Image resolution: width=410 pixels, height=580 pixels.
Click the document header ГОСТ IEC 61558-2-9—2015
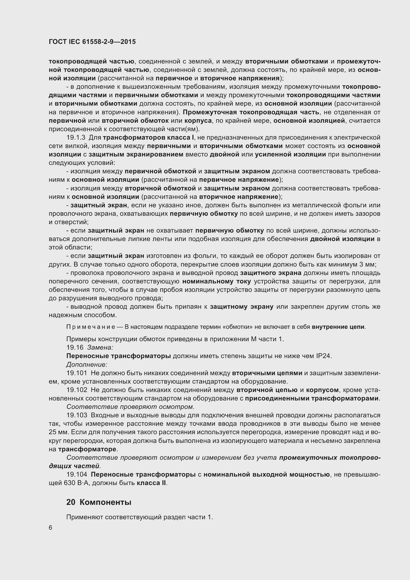pos(92,42)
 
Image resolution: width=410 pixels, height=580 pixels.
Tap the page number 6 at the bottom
pos(51,528)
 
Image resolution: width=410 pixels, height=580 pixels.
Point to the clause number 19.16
pos(75,347)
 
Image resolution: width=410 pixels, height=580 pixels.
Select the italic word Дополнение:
pos(87,365)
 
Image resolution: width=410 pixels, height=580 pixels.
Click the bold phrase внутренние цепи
pos(338,327)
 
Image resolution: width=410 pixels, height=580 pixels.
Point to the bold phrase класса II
pos(151,483)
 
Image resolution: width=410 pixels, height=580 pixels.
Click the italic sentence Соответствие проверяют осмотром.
pos(130,407)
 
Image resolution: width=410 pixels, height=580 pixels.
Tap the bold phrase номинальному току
pos(216,281)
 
